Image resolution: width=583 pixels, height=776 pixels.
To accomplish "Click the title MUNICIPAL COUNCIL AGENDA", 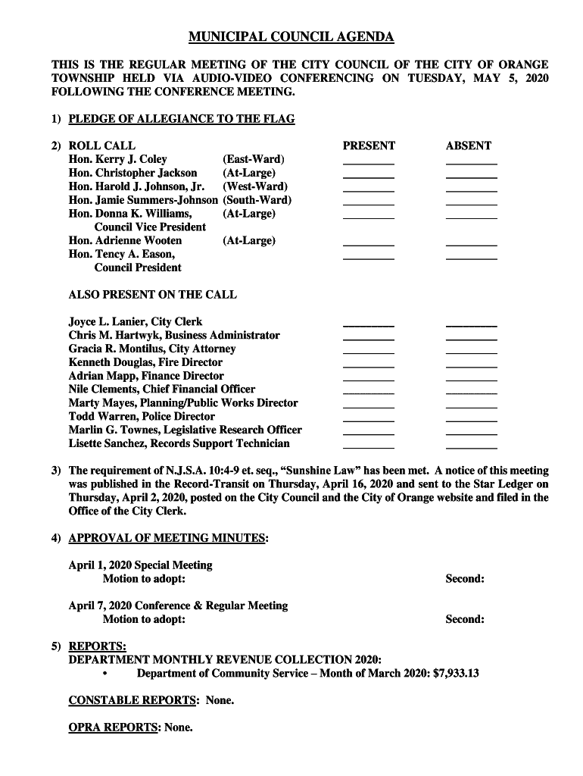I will coord(291,37).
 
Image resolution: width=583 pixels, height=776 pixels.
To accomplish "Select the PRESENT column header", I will coord(369,145).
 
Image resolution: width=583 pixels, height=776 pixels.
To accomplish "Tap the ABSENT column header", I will coord(468,145).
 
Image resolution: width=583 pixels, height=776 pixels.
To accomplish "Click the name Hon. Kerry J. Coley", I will coord(117,159).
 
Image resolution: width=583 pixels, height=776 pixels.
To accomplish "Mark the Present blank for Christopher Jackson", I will coord(369,175).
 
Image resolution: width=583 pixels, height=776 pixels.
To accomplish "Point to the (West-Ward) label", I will coord(255,186).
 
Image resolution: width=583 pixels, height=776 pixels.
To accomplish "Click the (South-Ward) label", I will coord(257,200).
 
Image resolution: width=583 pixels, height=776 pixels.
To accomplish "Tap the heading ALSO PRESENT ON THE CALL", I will coord(152,295).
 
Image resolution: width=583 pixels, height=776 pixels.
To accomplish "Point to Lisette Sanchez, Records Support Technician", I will coord(179,444).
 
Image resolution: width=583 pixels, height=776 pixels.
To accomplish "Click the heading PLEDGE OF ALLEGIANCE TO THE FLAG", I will coord(181,119).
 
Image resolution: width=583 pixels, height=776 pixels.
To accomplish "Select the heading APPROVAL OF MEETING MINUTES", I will coord(167,539).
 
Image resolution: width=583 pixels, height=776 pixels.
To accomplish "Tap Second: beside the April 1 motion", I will coord(464,579).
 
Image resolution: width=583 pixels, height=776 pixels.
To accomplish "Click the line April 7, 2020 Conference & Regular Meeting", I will coord(178,606).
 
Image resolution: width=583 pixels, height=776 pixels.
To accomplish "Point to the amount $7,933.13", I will coord(456,674).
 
